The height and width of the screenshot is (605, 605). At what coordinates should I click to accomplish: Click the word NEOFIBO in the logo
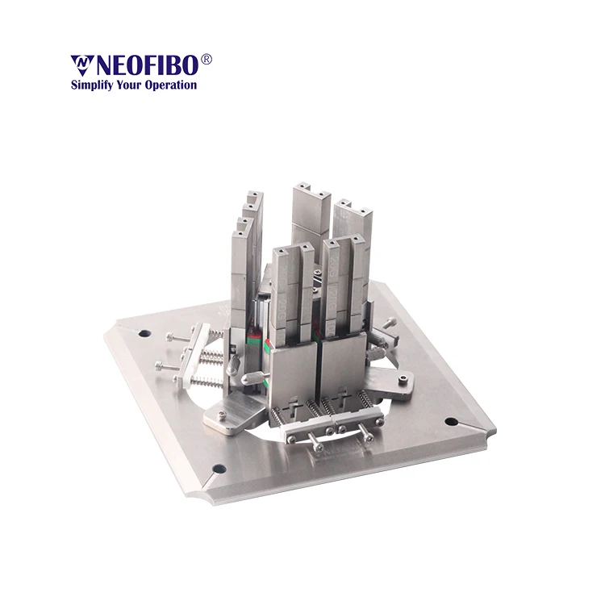tap(148, 65)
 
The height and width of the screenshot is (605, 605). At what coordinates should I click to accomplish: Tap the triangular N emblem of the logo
tap(81, 65)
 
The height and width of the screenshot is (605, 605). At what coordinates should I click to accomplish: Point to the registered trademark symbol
tap(207, 59)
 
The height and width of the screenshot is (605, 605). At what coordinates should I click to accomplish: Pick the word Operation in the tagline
tap(170, 86)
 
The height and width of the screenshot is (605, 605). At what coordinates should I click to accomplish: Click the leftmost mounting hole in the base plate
tap(144, 333)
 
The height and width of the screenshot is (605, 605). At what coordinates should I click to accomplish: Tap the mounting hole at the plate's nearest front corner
tap(219, 469)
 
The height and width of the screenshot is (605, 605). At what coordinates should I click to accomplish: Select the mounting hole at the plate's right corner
tap(451, 421)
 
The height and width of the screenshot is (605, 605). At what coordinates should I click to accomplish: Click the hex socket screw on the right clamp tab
tap(403, 380)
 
